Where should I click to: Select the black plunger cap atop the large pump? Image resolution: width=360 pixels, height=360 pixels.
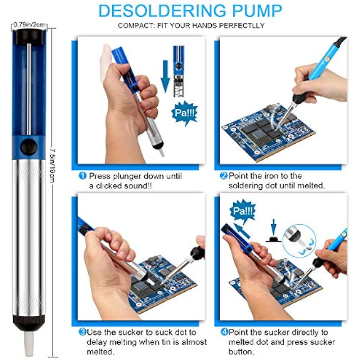pos(29,36)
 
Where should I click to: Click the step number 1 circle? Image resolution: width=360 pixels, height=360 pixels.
pos(83,176)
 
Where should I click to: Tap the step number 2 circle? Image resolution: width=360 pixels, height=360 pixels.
pos(224,176)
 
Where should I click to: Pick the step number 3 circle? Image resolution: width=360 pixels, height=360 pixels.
pos(82,332)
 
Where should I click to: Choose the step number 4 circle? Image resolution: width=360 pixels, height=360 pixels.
pos(224,332)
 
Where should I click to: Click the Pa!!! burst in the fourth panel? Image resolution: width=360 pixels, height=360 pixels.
pos(242,210)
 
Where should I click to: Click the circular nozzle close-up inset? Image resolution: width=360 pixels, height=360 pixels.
pos(300,239)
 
